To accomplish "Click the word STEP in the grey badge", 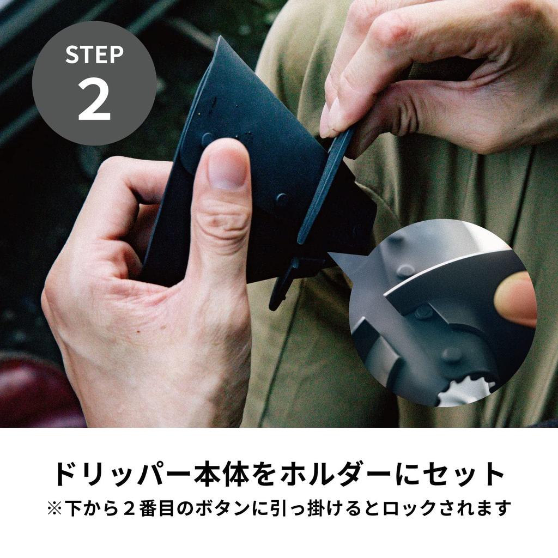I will tap(94, 54).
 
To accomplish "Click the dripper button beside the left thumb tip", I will tap(208, 139).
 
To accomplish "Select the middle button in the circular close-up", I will tap(424, 312).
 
